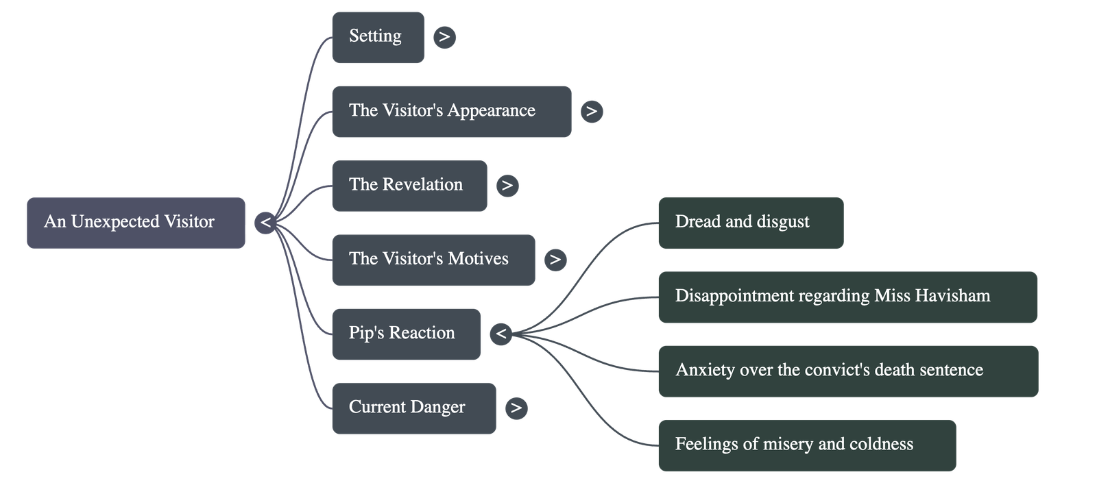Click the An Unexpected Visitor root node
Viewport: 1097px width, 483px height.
tap(136, 223)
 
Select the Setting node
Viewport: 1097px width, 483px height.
tap(377, 37)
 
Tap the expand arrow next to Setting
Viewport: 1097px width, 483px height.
tap(444, 37)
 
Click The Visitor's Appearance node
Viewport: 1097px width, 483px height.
tap(450, 111)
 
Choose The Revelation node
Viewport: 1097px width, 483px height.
tap(409, 185)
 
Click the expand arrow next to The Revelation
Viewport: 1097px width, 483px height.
tap(507, 185)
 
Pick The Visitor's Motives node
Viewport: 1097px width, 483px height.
tap(433, 260)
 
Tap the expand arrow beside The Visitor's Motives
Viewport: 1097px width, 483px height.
tap(555, 260)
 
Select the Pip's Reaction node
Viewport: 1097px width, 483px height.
tap(405, 334)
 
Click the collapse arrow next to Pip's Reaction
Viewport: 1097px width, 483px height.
tap(501, 334)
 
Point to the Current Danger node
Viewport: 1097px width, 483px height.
tap(413, 408)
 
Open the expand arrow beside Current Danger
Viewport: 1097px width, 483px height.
tap(516, 408)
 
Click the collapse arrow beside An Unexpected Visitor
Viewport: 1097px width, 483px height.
tap(265, 223)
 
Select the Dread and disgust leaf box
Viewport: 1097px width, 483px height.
tap(750, 222)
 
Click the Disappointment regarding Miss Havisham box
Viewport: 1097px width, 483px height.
tap(847, 297)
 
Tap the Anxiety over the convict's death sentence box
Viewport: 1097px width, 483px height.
tap(847, 371)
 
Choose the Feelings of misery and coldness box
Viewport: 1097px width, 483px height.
tap(806, 445)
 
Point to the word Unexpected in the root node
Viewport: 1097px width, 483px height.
tap(114, 222)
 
